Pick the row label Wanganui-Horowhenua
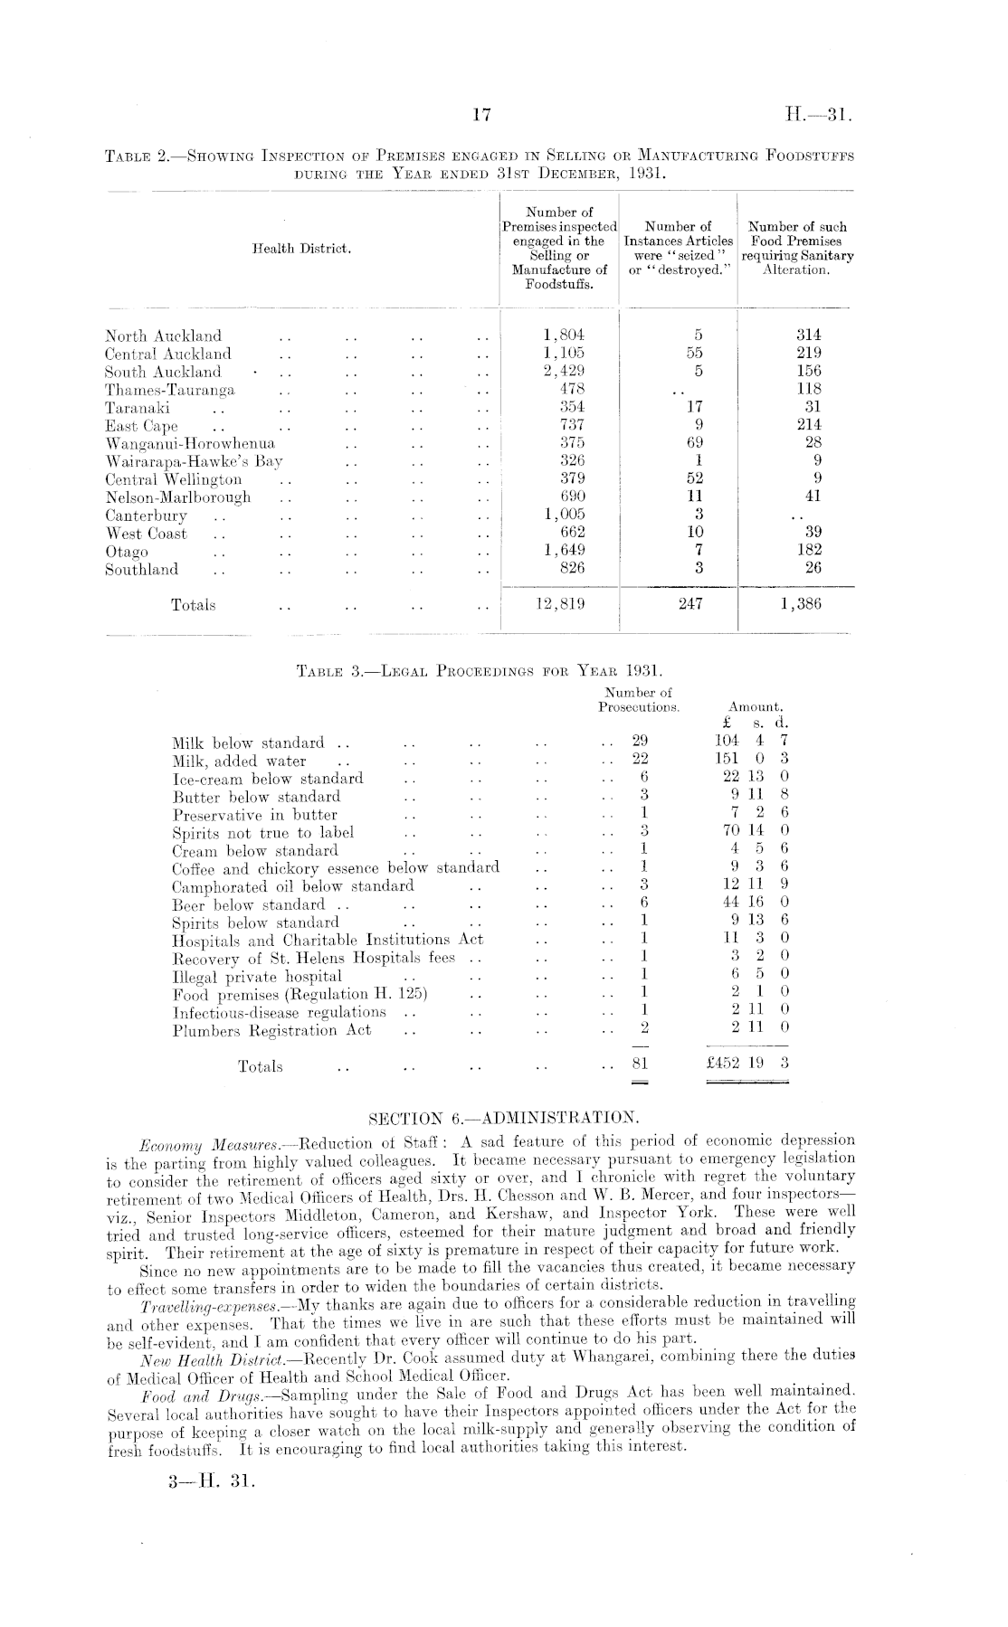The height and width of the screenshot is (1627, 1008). point(190,443)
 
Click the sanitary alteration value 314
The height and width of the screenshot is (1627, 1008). point(805,335)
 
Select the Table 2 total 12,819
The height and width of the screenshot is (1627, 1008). point(560,604)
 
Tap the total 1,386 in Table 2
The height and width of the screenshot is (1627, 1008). point(798,604)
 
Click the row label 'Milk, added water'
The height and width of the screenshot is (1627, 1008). point(239,761)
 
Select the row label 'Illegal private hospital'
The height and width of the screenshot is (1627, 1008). point(257,977)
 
